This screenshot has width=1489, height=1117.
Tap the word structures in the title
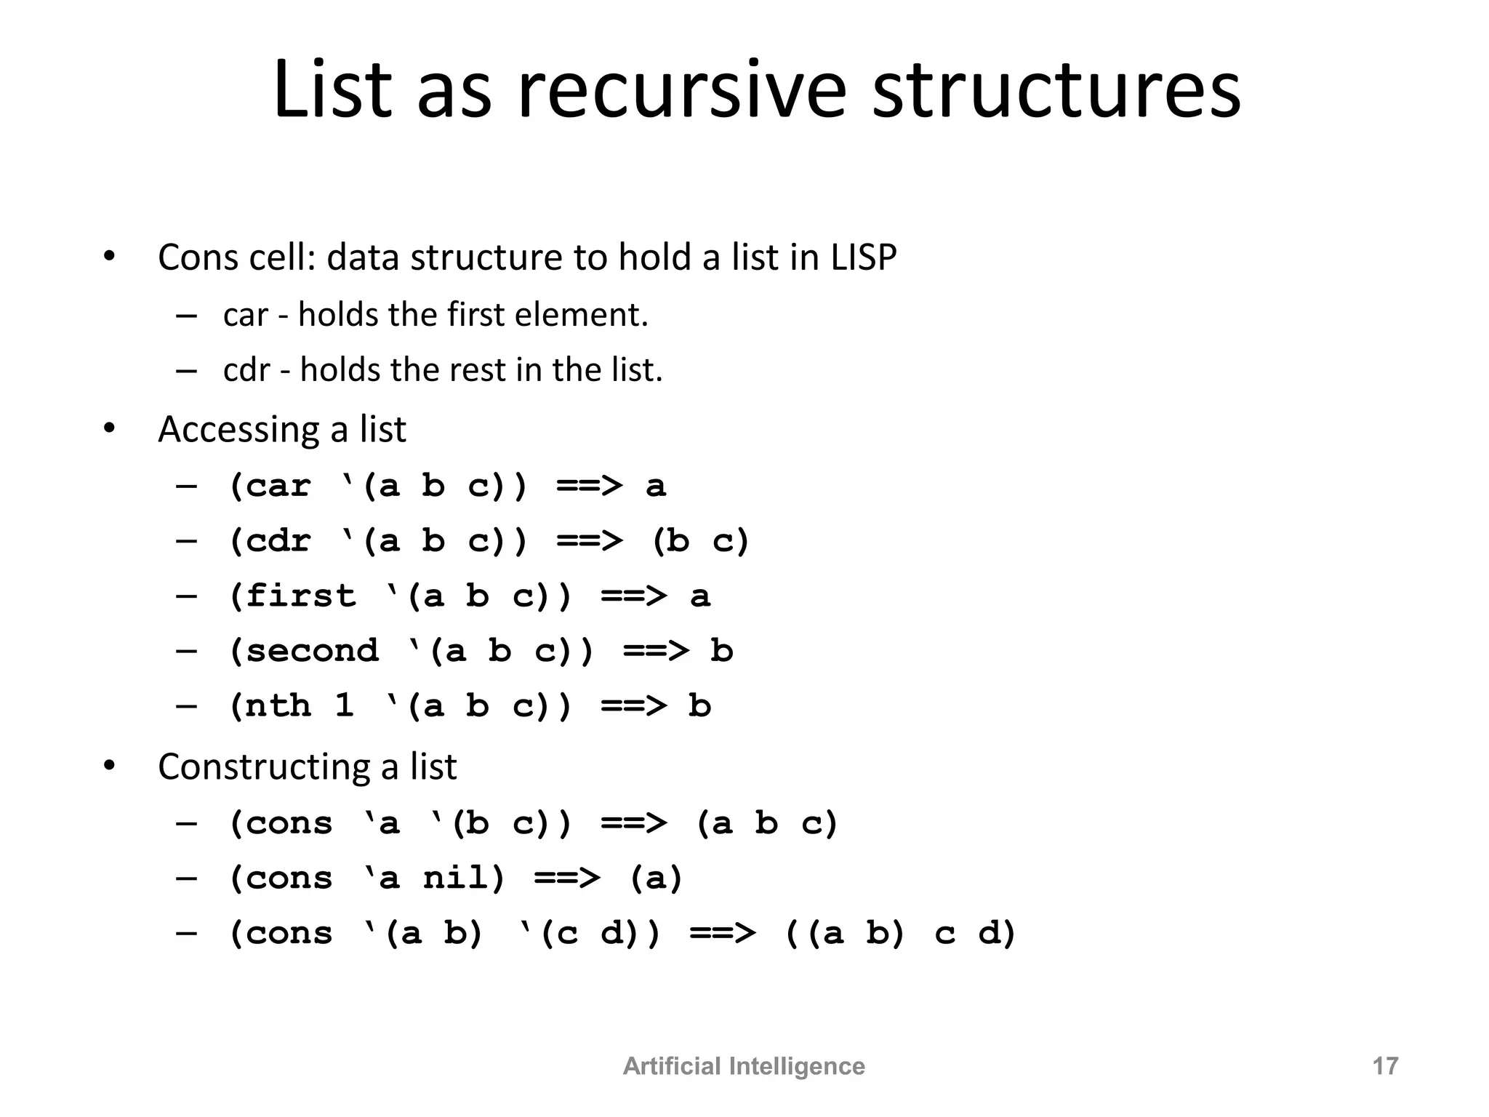click(1056, 90)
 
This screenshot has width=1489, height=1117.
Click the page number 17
click(1384, 1066)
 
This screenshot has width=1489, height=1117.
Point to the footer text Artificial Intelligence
click(744, 1066)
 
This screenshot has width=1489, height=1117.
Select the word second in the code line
click(313, 650)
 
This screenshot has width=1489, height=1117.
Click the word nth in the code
click(278, 705)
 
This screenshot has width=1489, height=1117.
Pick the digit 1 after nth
click(345, 705)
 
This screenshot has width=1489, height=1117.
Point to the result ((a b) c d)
click(900, 933)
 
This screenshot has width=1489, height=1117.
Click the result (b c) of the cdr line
click(699, 541)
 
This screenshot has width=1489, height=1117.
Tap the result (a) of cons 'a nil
click(656, 878)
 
